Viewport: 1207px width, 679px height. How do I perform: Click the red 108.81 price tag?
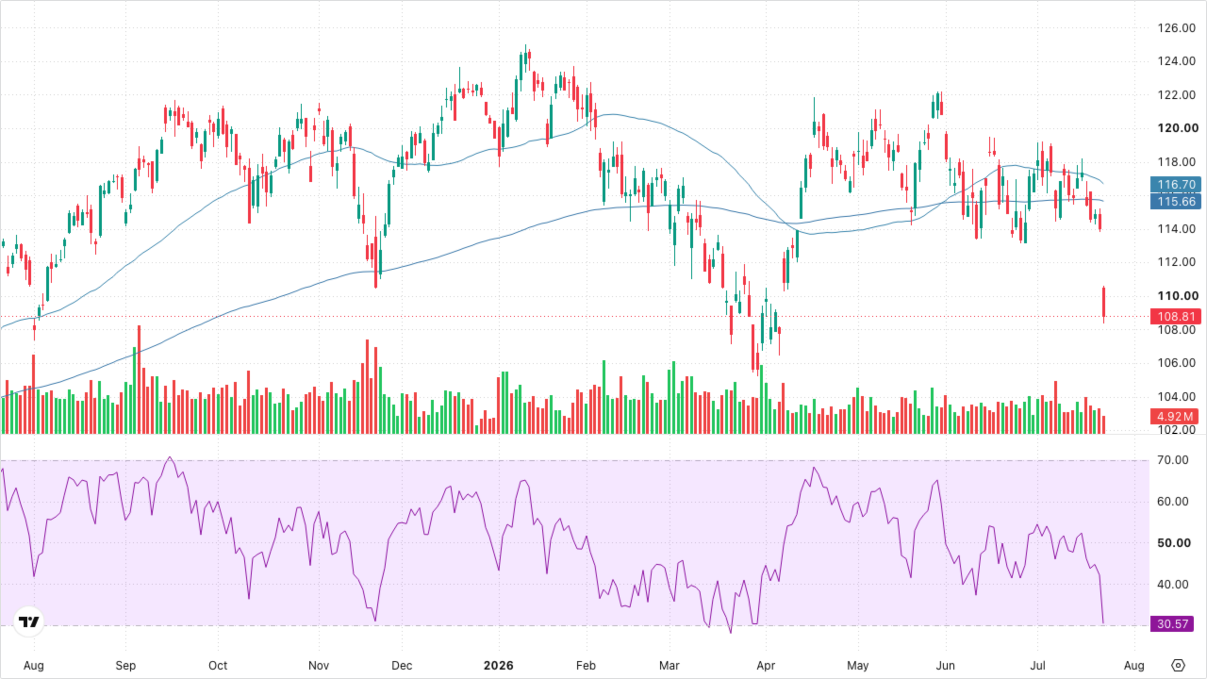(x=1175, y=316)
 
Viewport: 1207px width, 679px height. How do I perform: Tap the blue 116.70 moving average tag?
(x=1175, y=184)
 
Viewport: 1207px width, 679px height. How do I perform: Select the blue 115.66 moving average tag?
(x=1175, y=202)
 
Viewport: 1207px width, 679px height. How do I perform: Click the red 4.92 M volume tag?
(x=1174, y=416)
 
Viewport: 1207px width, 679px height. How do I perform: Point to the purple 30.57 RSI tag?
(x=1172, y=624)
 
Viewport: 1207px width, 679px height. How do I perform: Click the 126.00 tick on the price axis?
(x=1176, y=28)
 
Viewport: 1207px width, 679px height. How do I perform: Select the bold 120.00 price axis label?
(x=1177, y=128)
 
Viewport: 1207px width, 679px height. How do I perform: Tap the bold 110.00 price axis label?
(x=1177, y=296)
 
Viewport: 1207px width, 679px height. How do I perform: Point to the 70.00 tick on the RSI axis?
(x=1173, y=460)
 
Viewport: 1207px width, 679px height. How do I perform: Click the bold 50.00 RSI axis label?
(x=1174, y=543)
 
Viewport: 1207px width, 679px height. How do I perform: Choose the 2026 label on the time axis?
(x=498, y=665)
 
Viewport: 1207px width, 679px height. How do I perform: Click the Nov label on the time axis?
(x=319, y=665)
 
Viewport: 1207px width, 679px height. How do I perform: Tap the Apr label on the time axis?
(x=766, y=665)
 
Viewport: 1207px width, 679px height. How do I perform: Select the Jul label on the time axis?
(x=1037, y=665)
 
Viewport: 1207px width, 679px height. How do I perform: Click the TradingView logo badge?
(x=29, y=621)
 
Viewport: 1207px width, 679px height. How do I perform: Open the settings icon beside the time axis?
(x=1178, y=665)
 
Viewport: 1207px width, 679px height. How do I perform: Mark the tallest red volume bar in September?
(x=139, y=379)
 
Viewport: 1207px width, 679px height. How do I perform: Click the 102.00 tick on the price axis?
(x=1176, y=430)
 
